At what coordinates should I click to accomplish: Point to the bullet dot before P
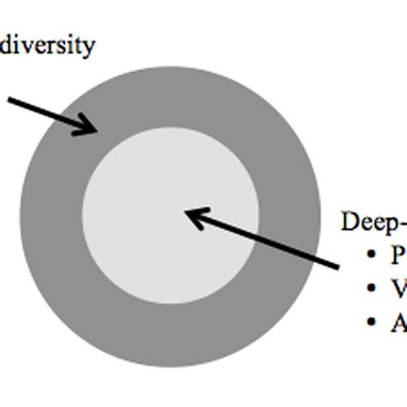pyautogui.click(x=372, y=257)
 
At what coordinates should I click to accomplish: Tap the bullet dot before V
pyautogui.click(x=372, y=289)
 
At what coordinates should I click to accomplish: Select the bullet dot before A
pyautogui.click(x=372, y=322)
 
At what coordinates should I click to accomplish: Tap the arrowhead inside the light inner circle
pyautogui.click(x=192, y=214)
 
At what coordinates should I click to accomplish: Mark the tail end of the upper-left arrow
pyautogui.click(x=10, y=101)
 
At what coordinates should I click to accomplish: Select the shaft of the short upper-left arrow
pyautogui.click(x=47, y=114)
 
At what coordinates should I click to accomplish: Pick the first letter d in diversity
pyautogui.click(x=6, y=44)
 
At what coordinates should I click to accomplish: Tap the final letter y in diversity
pyautogui.click(x=89, y=47)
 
